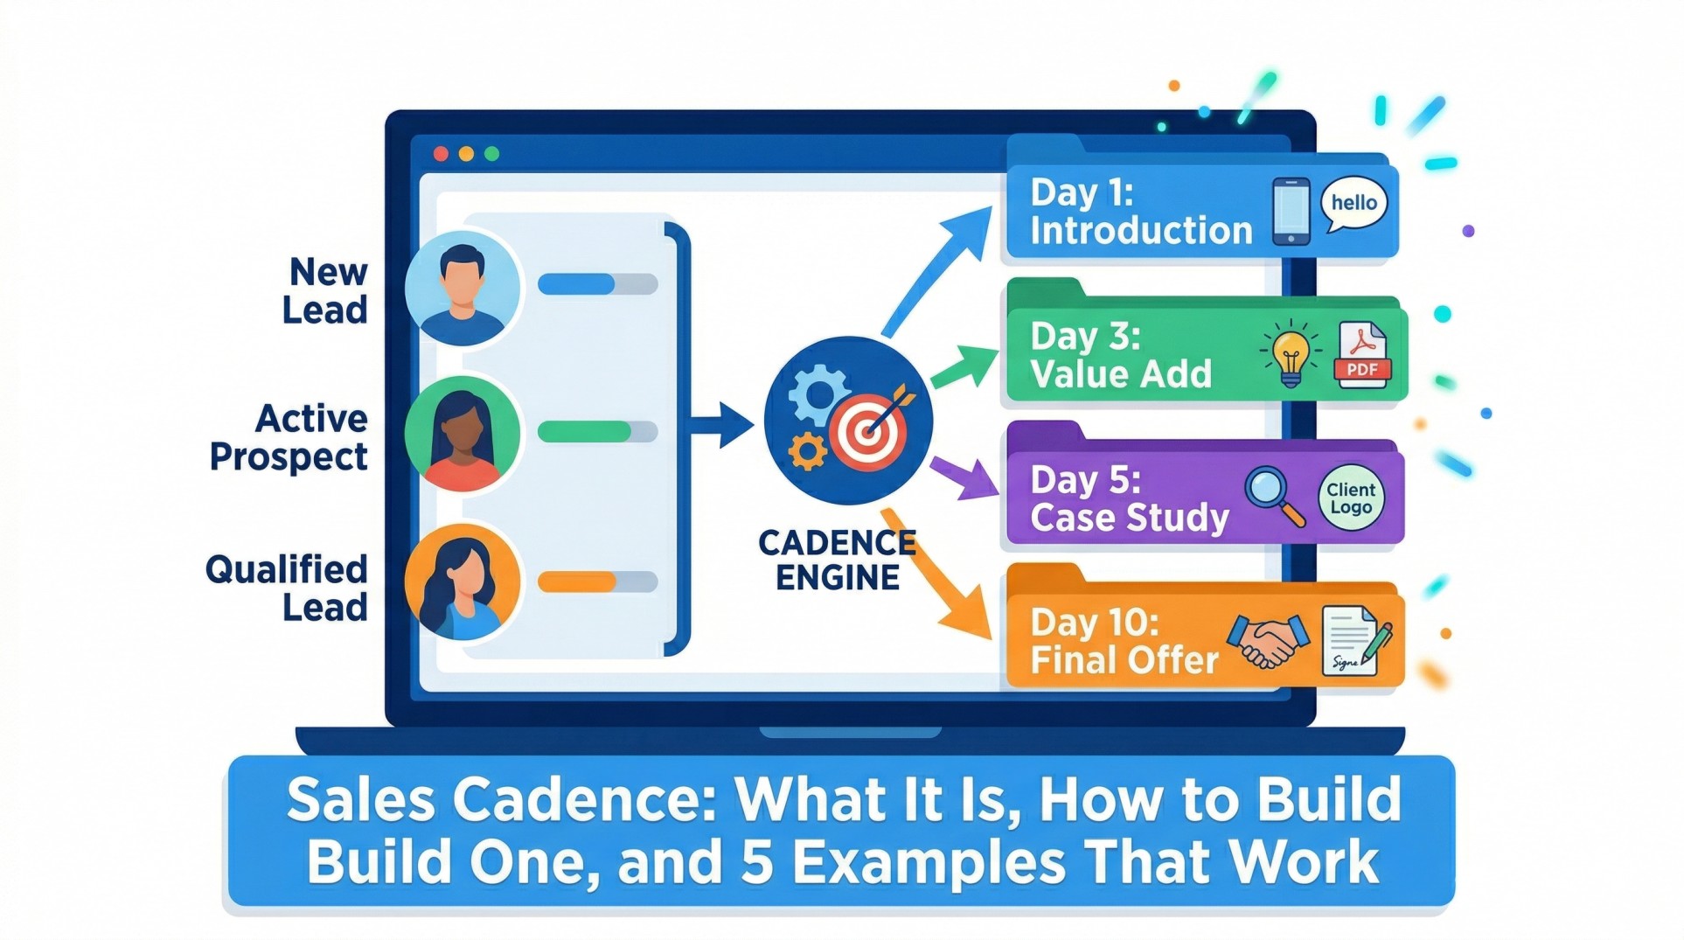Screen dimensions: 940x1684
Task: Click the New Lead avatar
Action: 463,289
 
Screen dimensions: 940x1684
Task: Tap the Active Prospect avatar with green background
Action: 463,434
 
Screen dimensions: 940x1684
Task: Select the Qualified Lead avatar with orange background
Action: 463,581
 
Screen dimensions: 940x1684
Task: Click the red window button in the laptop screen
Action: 441,154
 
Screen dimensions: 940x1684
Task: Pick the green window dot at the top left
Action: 491,154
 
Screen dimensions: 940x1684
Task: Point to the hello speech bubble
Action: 1353,203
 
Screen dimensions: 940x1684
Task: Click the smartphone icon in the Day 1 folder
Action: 1291,212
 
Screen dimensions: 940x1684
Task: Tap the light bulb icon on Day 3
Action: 1291,356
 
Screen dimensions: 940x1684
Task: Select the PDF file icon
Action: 1361,355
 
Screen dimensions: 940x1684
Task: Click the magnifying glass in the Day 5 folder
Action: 1273,495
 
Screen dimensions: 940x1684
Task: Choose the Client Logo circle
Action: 1351,498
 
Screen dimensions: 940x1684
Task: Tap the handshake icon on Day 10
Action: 1268,642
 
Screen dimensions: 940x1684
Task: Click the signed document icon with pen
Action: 1353,643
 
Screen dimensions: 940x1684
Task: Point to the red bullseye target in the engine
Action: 867,430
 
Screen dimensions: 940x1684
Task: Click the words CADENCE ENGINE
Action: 837,561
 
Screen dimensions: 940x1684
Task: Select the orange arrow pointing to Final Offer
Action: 940,577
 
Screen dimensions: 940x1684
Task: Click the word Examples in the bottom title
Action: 928,862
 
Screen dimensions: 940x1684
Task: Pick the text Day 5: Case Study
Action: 1129,498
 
